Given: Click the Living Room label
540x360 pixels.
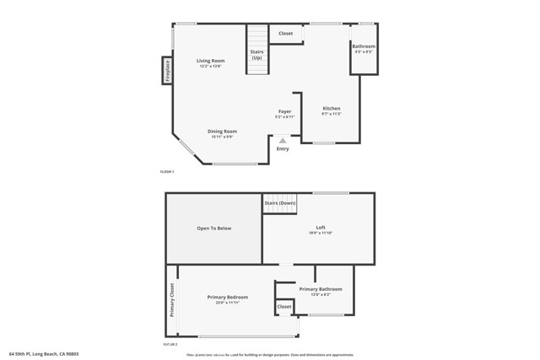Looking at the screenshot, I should click(x=211, y=62).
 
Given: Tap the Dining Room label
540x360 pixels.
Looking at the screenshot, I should click(x=224, y=132).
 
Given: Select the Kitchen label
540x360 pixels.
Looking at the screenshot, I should click(x=332, y=109).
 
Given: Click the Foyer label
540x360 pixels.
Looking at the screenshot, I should click(x=285, y=112).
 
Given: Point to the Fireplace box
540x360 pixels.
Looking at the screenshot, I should click(x=168, y=71).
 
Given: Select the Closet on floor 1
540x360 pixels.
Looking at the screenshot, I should click(x=286, y=34).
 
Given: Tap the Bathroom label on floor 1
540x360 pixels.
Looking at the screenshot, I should click(x=364, y=47).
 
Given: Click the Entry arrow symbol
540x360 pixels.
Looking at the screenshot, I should click(x=283, y=140).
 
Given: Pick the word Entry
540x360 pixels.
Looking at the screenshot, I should click(x=283, y=149).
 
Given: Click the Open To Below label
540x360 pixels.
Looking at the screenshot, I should click(x=214, y=228).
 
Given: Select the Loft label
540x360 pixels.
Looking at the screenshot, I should click(x=321, y=228).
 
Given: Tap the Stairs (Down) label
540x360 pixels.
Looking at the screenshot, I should click(x=280, y=203).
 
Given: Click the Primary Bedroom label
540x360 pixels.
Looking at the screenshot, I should click(x=228, y=298).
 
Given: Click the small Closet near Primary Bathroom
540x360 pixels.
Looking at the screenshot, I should click(x=284, y=307).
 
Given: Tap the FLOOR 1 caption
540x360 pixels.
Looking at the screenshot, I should click(x=167, y=172).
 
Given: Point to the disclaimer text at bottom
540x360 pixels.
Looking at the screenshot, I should click(x=270, y=354).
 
